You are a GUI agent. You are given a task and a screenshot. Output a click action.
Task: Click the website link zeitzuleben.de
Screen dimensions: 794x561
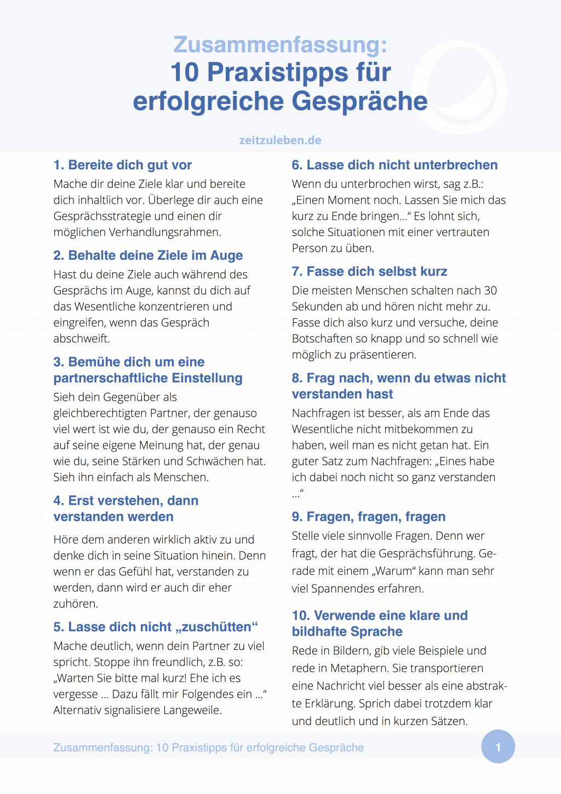(x=280, y=140)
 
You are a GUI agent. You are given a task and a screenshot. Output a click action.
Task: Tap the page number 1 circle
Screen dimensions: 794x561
(x=498, y=747)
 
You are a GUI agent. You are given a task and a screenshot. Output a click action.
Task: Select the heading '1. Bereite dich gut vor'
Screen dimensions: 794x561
(x=123, y=165)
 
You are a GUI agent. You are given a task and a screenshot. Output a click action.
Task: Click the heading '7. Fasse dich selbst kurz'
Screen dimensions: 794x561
(x=369, y=271)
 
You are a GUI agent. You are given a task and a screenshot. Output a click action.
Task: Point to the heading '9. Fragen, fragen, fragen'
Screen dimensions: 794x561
(x=368, y=517)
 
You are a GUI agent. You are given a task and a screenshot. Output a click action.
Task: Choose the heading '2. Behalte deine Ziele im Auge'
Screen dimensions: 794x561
(x=148, y=255)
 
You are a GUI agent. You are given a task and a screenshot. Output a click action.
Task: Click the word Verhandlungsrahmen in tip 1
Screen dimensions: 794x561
(x=165, y=232)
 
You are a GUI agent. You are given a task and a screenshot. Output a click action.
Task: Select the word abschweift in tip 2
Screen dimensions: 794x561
(x=82, y=339)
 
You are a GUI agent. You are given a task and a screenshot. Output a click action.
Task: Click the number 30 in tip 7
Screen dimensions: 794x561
(x=490, y=290)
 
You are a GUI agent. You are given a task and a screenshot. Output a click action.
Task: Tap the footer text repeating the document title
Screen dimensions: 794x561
(x=208, y=747)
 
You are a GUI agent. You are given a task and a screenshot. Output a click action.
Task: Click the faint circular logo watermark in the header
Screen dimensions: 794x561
(x=459, y=88)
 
